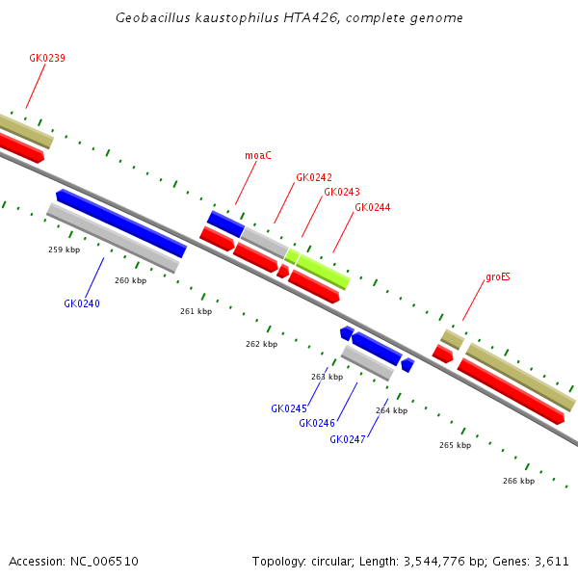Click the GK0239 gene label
[x=47, y=58]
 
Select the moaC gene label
[x=258, y=155]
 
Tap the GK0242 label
[x=314, y=177]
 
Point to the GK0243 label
[x=342, y=192]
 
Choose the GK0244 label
[x=373, y=207]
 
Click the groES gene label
[x=498, y=276]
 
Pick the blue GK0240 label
[x=82, y=303]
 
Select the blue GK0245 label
[x=289, y=408]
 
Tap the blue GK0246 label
[x=317, y=423]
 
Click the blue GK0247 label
[x=348, y=439]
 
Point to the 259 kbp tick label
[x=64, y=250]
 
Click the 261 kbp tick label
[x=196, y=311]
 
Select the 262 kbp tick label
[x=261, y=344]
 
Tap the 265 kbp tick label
[x=455, y=445]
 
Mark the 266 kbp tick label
[x=518, y=481]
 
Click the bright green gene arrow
[x=322, y=271]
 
